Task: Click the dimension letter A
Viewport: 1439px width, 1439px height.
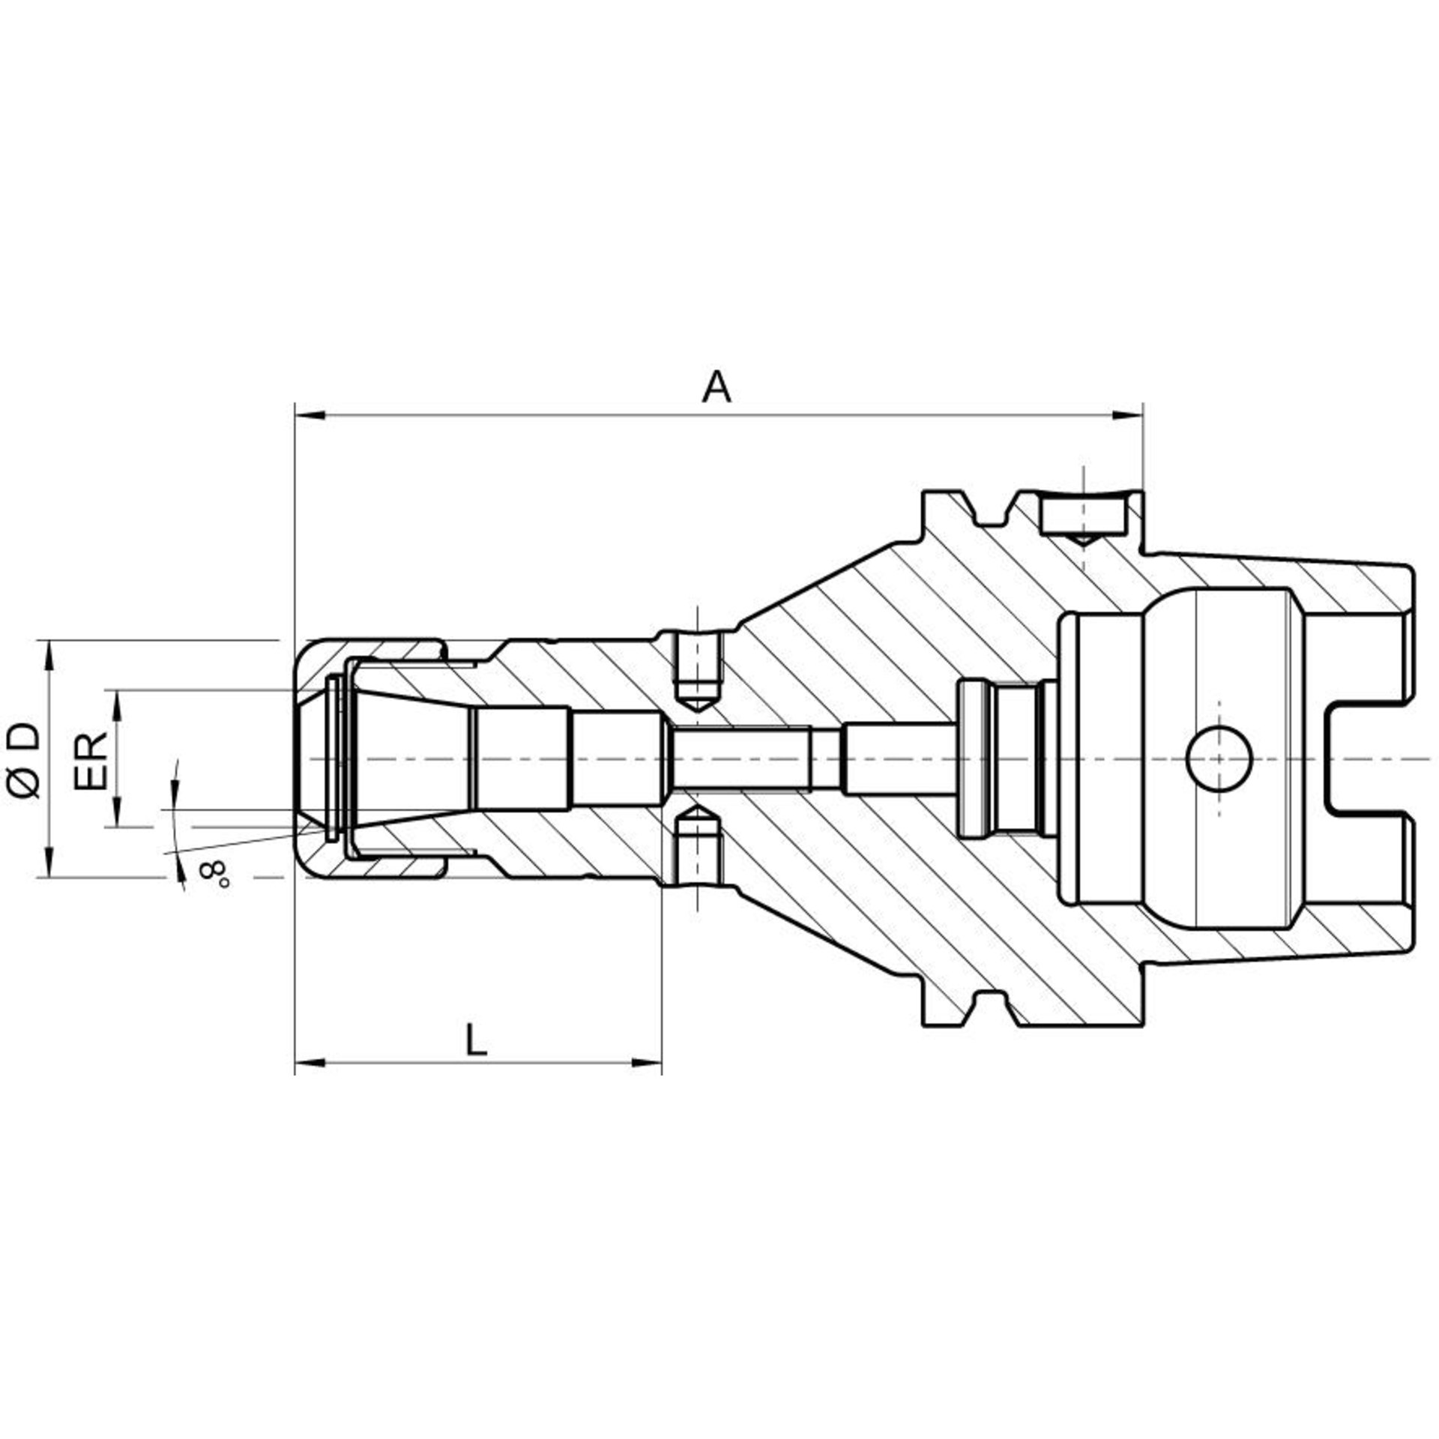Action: (x=717, y=387)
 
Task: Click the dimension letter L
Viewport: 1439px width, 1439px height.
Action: (x=476, y=1040)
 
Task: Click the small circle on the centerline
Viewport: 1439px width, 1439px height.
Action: (x=1220, y=759)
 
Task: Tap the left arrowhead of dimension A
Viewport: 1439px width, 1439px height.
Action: (x=309, y=414)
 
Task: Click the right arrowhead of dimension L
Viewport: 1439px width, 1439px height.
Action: (x=648, y=1061)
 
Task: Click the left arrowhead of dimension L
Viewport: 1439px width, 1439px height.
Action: (x=309, y=1061)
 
